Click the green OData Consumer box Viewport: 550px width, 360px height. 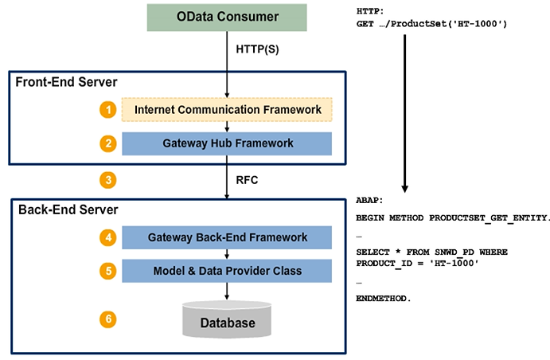[x=227, y=18]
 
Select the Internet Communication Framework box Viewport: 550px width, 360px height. [x=227, y=109]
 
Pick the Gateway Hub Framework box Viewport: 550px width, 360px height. [x=227, y=143]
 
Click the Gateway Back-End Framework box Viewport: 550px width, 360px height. [x=227, y=237]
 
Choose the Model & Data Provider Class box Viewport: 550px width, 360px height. [x=227, y=271]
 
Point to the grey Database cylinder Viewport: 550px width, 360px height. [x=227, y=320]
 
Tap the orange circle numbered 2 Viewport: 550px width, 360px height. [x=107, y=143]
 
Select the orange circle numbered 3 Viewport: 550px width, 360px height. [x=107, y=179]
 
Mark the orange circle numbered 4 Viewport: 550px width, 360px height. [x=107, y=237]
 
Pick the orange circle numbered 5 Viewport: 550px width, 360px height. [x=107, y=271]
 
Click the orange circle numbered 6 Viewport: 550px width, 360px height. [x=107, y=319]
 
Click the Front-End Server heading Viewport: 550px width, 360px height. [x=66, y=81]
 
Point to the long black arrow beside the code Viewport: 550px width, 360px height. [x=405, y=112]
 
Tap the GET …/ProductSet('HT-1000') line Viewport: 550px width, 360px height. [x=432, y=24]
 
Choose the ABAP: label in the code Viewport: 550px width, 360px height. [x=371, y=202]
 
